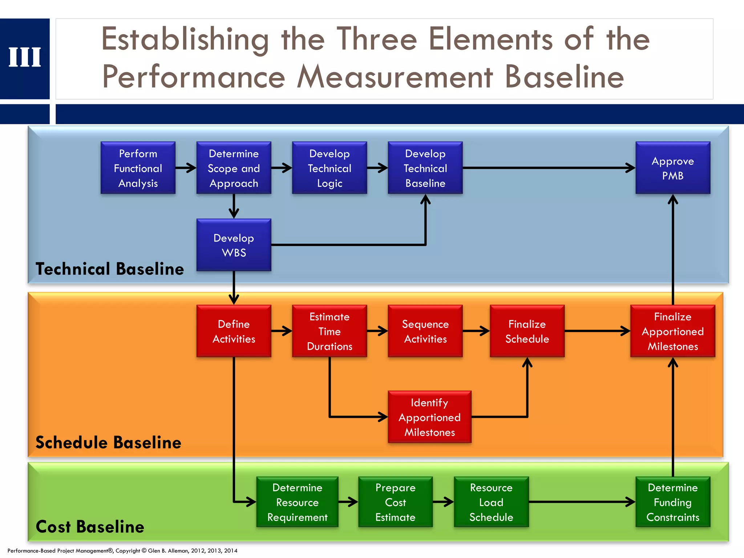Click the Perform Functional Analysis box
(138, 168)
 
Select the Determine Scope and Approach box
(234, 168)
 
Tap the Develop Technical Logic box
(329, 168)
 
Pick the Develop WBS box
(234, 245)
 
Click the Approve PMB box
(673, 168)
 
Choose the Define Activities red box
(234, 331)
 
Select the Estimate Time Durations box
(329, 331)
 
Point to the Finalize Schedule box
(527, 331)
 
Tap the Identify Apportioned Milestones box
(429, 417)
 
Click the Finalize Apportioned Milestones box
(673, 331)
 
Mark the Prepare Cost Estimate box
(395, 502)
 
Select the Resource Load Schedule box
(491, 502)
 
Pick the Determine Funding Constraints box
(673, 502)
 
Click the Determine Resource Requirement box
(297, 502)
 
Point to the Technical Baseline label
(110, 269)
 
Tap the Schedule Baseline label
(108, 442)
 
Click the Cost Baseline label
(90, 527)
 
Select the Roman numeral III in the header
(25, 57)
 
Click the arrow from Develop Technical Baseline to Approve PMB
(549, 168)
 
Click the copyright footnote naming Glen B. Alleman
(122, 551)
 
